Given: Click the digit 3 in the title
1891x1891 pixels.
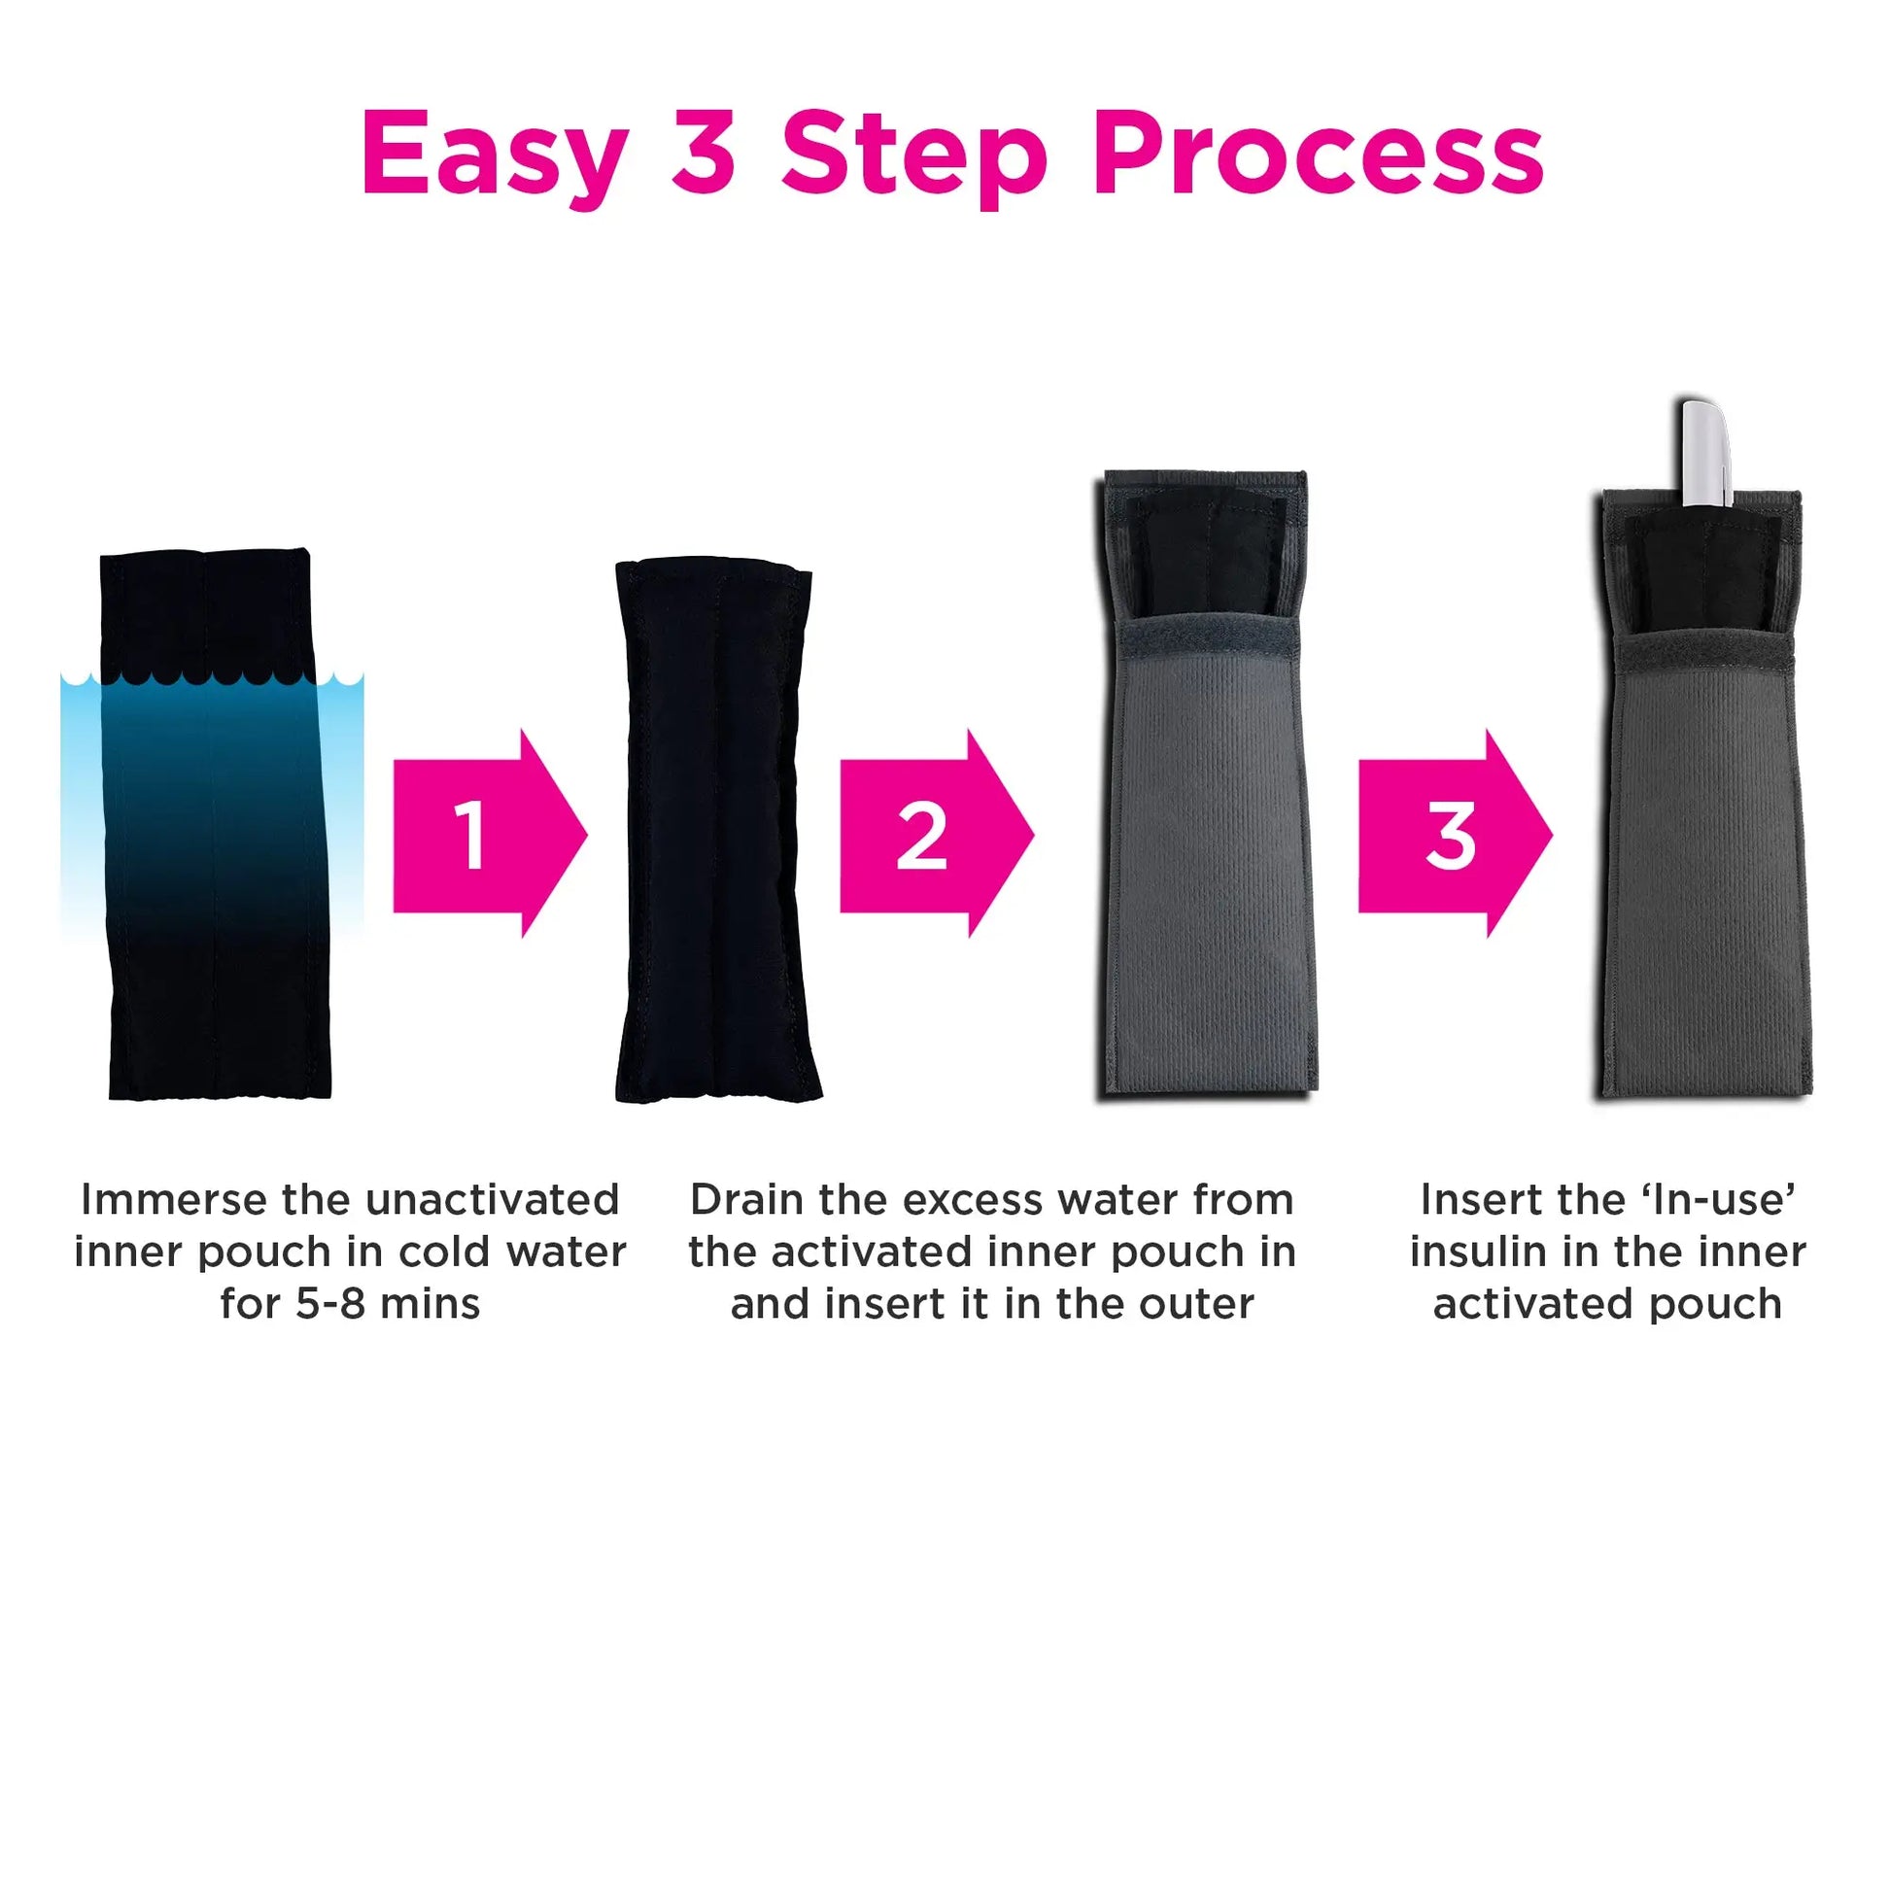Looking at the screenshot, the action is coord(705,151).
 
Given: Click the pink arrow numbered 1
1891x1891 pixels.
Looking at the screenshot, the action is coord(490,833).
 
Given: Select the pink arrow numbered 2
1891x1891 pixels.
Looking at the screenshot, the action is coord(937,833).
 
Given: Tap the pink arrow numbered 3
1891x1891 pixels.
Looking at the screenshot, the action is coord(1456,833).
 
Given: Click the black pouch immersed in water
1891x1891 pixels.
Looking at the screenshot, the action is coord(217,824).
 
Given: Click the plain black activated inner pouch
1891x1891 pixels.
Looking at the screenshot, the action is coord(717,831).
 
